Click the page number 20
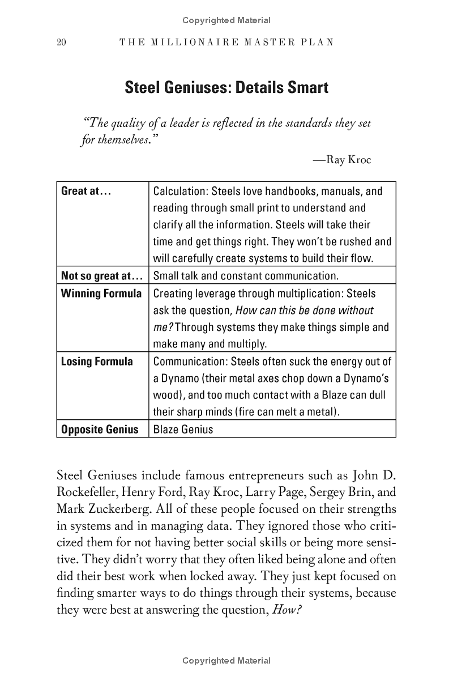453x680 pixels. point(62,42)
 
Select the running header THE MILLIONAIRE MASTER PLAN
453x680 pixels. point(226,42)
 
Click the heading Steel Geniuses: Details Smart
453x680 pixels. point(226,88)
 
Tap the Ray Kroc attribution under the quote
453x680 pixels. point(342,160)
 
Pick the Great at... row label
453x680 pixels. point(86,191)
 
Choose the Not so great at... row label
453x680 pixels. point(101,276)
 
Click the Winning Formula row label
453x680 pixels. point(101,294)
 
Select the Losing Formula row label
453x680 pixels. point(97,362)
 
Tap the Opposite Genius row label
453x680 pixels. point(100,429)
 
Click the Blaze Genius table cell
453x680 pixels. point(183,429)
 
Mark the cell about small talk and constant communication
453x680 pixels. point(246,276)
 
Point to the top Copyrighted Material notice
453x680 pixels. point(226,20)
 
